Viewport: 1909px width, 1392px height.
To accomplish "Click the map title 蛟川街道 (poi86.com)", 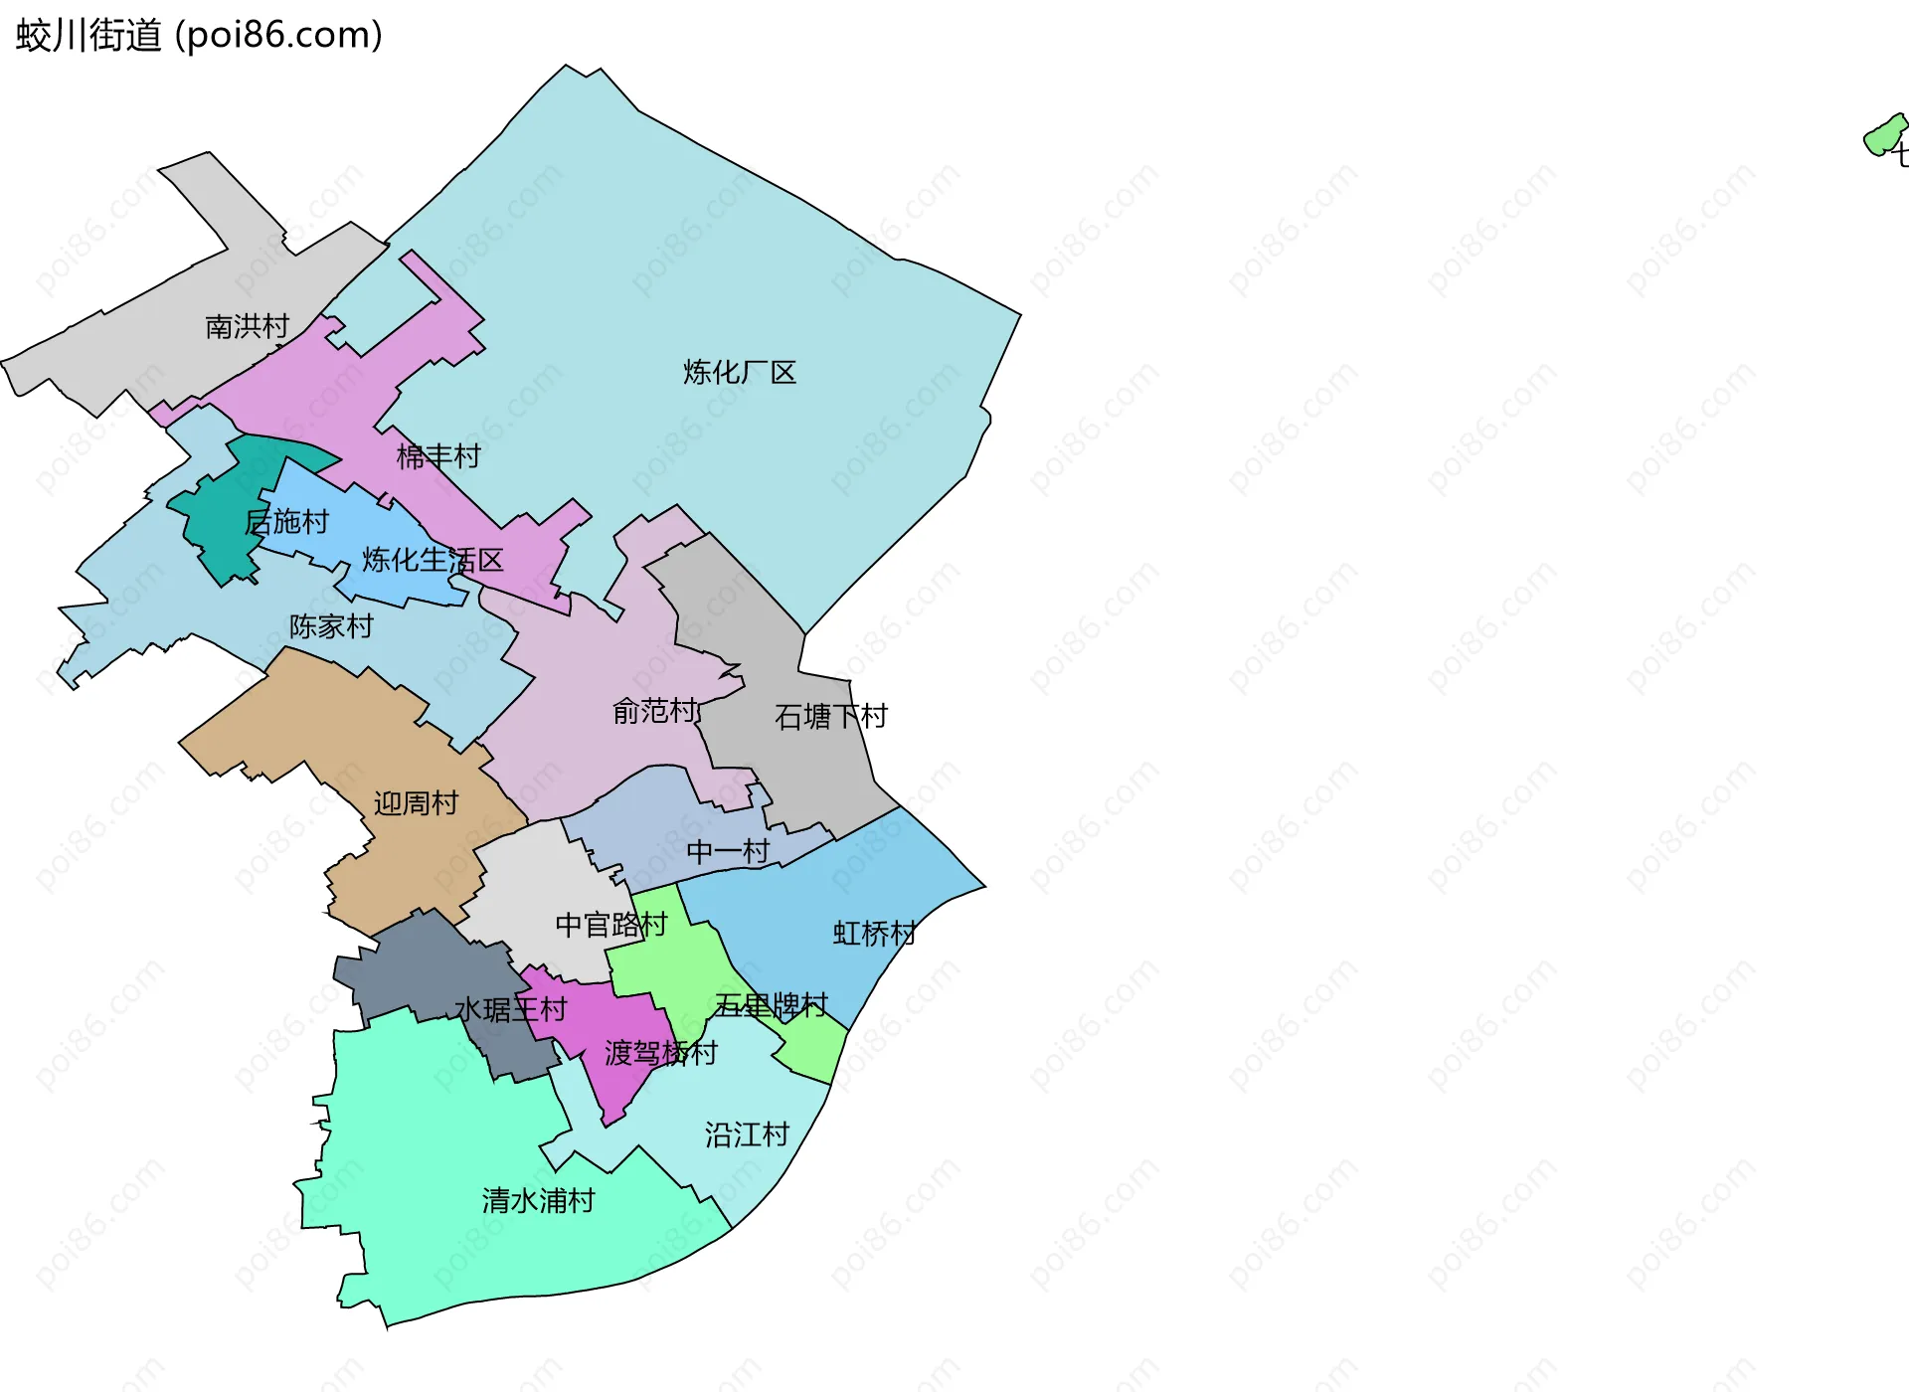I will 199,36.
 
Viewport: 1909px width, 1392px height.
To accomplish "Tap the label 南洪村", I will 247,326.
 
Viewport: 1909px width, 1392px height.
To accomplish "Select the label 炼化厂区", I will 740,373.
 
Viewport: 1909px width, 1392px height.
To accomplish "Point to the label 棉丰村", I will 438,456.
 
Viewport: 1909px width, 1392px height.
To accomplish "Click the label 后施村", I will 286,522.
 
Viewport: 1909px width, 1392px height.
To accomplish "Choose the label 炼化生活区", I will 433,561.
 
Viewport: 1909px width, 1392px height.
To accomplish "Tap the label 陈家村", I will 331,626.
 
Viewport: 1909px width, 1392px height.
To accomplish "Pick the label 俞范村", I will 654,711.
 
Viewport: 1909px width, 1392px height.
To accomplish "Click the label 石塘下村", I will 830,716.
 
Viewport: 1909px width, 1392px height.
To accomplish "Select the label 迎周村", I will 416,803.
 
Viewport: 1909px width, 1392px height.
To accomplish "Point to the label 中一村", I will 728,851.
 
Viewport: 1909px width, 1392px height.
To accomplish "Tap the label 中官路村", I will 610,925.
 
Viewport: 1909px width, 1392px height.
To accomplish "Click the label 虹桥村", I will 874,934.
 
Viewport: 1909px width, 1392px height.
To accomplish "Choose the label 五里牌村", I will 771,1005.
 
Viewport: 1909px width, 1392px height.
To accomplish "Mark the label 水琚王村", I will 510,1010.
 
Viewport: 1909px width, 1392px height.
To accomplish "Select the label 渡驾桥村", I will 660,1053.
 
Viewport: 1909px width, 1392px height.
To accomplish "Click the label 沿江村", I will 747,1134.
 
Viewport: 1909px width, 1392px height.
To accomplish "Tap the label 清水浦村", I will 538,1201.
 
